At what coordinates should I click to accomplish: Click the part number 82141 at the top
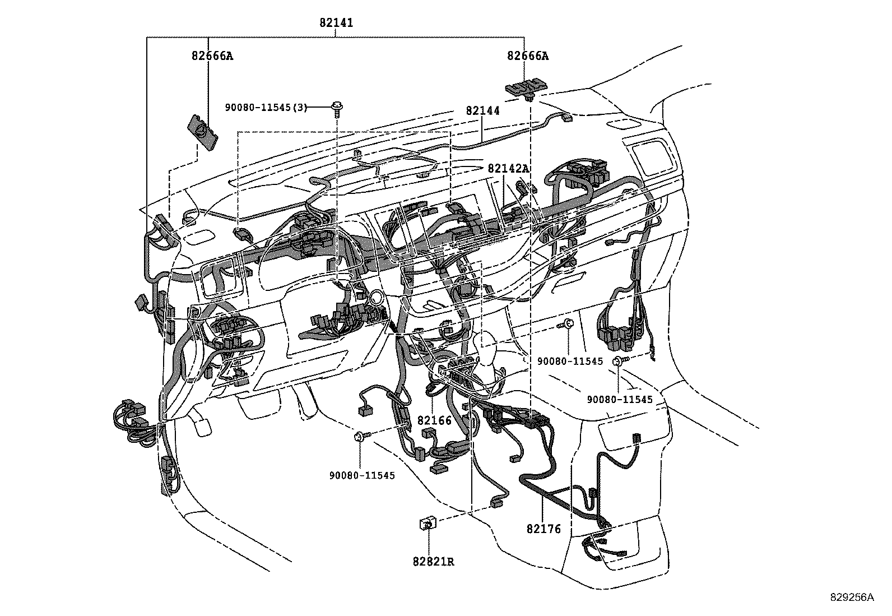click(336, 23)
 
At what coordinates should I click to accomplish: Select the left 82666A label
click(212, 56)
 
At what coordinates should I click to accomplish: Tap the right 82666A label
click(528, 56)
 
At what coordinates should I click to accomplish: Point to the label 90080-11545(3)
click(266, 107)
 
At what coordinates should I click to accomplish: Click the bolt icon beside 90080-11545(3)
click(337, 106)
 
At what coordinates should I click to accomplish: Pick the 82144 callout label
click(482, 111)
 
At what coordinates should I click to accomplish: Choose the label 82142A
click(508, 168)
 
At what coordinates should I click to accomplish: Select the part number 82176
click(543, 529)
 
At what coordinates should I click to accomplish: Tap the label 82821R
click(434, 561)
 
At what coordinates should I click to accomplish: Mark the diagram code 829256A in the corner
click(852, 598)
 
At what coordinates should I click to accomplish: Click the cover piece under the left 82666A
click(202, 133)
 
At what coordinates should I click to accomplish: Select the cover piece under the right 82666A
click(526, 87)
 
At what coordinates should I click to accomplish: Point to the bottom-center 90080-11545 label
click(362, 475)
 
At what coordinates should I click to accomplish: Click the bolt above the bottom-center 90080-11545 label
click(360, 436)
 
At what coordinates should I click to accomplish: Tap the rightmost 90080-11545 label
click(620, 399)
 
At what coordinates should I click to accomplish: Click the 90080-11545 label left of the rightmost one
click(570, 362)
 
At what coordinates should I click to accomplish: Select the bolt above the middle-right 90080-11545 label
click(566, 324)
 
